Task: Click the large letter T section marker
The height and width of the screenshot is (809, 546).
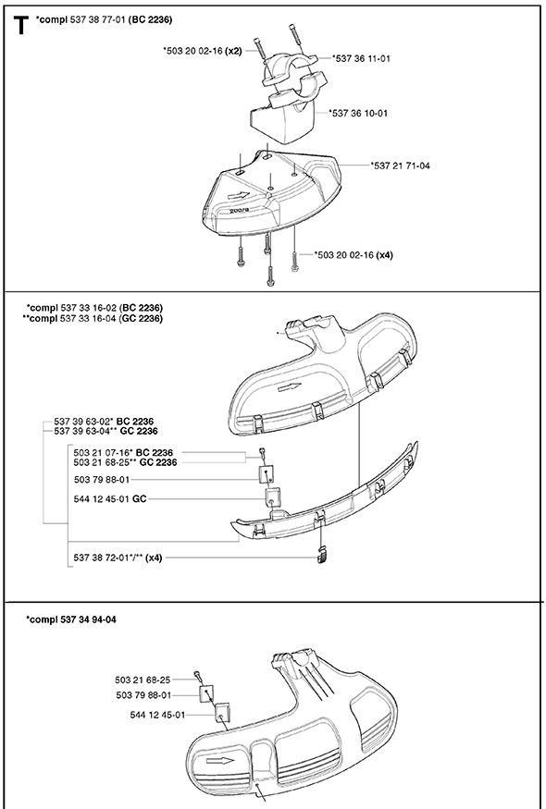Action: coord(20,25)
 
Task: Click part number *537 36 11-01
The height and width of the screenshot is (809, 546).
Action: coord(361,59)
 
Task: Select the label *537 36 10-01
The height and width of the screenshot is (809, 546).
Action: coord(358,113)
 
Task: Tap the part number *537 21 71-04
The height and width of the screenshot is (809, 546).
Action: coord(401,165)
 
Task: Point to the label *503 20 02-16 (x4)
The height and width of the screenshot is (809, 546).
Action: coord(354,254)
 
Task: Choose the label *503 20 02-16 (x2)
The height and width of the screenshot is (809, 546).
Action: coord(202,51)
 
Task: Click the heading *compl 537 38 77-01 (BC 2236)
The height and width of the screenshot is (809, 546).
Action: coord(104,20)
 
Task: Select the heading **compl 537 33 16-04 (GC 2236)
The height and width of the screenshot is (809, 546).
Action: coord(93,319)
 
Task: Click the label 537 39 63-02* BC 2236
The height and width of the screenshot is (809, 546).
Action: coord(104,422)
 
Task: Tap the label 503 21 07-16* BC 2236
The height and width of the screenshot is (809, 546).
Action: coord(123,453)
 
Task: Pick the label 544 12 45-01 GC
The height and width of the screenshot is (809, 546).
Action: coord(110,499)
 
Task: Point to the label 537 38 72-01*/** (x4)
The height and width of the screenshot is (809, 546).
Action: coord(118,558)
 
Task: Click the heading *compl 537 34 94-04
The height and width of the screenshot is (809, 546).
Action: coord(71,619)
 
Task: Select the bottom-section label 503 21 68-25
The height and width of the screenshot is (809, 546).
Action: coord(143,680)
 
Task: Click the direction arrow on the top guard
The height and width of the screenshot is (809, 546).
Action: coord(238,196)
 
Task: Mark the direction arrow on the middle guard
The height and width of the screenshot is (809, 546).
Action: coord(290,387)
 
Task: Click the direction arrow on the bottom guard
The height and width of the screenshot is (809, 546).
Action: coord(220,760)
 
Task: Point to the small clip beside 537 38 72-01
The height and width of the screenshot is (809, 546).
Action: coord(322,554)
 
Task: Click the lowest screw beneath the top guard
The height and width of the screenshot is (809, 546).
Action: coord(269,276)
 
